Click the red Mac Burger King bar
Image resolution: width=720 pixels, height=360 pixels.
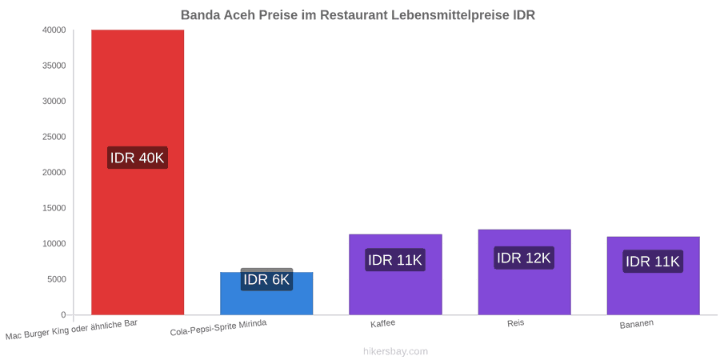(x=138, y=172)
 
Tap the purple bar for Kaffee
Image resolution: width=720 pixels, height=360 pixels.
(x=395, y=274)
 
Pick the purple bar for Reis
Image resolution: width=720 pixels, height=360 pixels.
(x=524, y=272)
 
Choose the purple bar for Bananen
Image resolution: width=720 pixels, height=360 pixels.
(x=653, y=275)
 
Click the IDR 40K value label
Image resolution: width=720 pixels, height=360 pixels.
(x=138, y=158)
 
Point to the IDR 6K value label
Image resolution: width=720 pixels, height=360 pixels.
(x=266, y=279)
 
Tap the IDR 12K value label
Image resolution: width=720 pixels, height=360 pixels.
(x=524, y=258)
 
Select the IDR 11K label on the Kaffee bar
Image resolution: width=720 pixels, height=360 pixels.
(x=395, y=260)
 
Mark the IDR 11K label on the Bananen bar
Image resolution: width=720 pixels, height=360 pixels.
(x=653, y=262)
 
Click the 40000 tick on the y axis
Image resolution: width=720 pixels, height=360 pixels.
(x=54, y=30)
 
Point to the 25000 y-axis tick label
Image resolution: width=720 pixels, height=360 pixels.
(x=54, y=137)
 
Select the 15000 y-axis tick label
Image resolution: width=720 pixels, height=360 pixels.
(x=54, y=208)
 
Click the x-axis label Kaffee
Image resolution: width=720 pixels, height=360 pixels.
(x=383, y=324)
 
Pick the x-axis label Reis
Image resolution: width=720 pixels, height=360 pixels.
(x=516, y=323)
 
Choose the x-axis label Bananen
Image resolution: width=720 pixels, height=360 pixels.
(x=637, y=325)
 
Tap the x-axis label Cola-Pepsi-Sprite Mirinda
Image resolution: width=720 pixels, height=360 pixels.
(x=218, y=328)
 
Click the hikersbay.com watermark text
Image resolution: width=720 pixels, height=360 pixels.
(x=395, y=351)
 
